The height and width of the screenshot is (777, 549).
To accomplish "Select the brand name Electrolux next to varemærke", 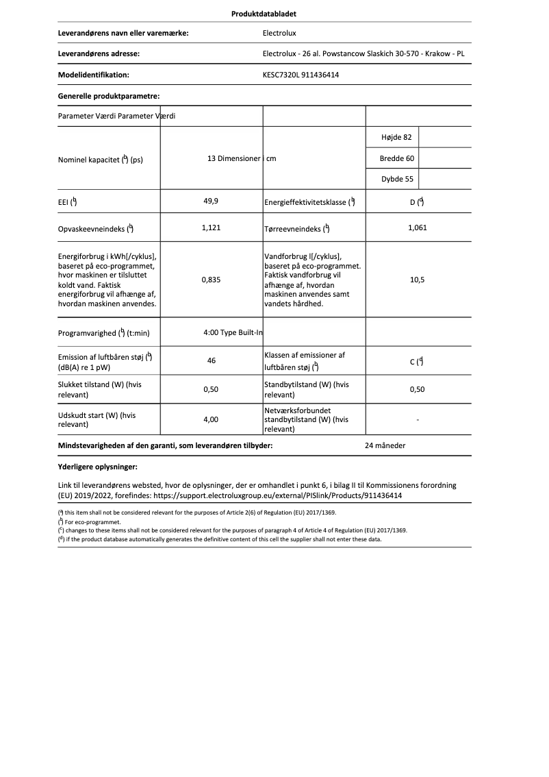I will (279, 32).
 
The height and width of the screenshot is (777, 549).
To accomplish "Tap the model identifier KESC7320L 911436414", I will (301, 75).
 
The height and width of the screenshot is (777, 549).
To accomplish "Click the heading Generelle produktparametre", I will (109, 97).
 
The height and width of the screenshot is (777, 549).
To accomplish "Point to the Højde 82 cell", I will (396, 137).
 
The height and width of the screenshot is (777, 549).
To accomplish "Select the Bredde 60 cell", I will (396, 158).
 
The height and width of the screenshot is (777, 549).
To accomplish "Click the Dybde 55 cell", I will (396, 180).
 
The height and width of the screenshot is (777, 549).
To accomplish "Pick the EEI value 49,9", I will (212, 201).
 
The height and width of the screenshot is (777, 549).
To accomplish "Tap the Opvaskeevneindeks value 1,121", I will (212, 227).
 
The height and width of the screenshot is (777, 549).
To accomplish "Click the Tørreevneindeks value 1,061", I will (417, 227).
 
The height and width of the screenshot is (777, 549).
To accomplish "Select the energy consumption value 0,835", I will (212, 280).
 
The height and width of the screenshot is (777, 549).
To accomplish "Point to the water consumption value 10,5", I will (417, 280).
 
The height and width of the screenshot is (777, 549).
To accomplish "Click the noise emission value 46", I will (212, 360).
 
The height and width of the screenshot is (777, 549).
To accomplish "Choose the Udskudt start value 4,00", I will (212, 419).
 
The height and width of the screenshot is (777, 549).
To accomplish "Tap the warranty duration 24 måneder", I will (385, 445).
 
